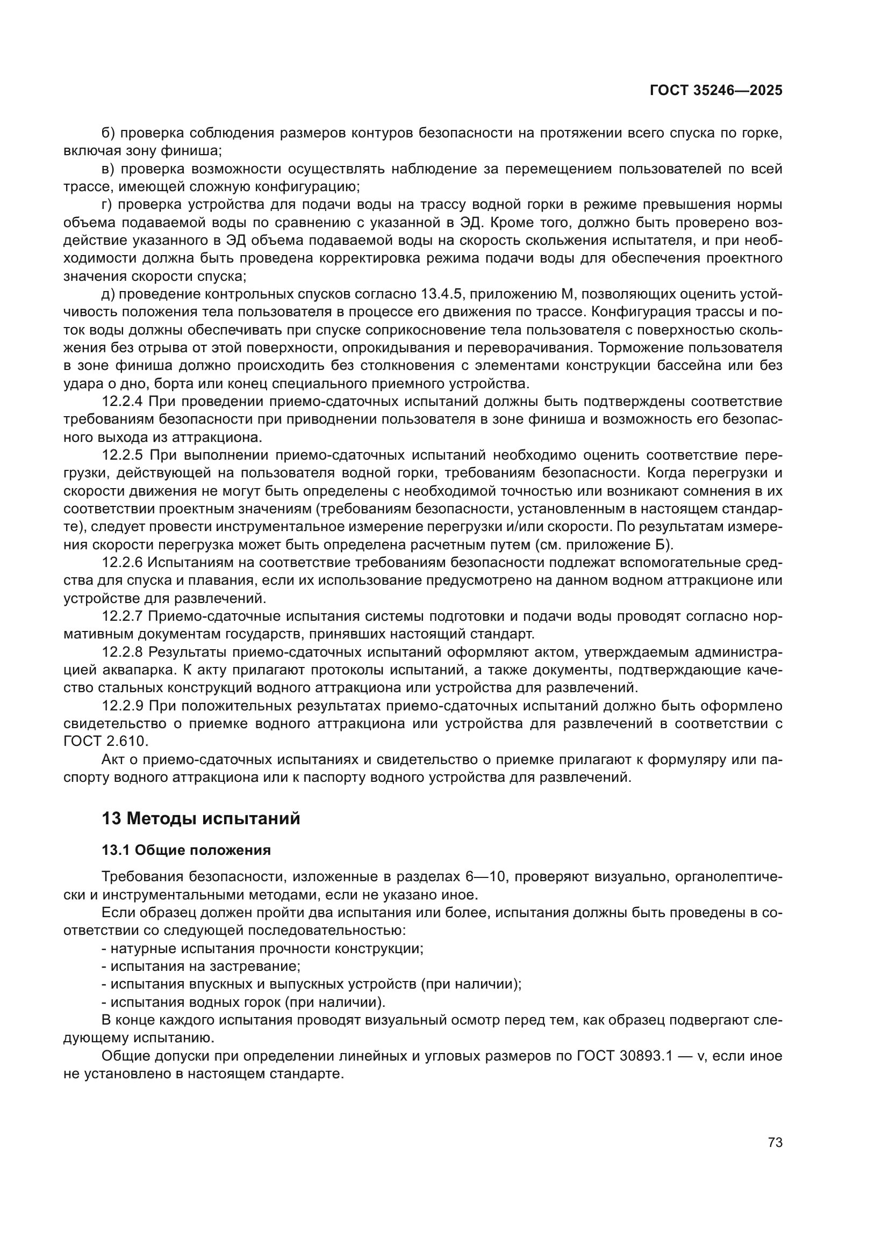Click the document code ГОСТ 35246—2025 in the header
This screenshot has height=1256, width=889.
click(715, 90)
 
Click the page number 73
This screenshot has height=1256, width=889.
click(775, 1142)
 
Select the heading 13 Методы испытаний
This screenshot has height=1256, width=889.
click(201, 819)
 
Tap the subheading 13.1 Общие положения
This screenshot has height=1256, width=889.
click(186, 850)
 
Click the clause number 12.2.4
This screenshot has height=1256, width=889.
click(122, 402)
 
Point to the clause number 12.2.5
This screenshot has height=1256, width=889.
click(122, 455)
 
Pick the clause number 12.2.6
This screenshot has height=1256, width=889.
click(122, 562)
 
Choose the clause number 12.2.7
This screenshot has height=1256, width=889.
click(122, 616)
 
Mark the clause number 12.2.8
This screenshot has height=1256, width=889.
click(122, 652)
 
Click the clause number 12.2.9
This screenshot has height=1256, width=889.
click(122, 706)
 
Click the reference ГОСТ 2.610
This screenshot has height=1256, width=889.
click(106, 742)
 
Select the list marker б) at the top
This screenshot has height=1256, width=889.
click(108, 133)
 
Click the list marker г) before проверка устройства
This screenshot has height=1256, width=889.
click(107, 205)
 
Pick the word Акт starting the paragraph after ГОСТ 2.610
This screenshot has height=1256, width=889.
click(113, 760)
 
